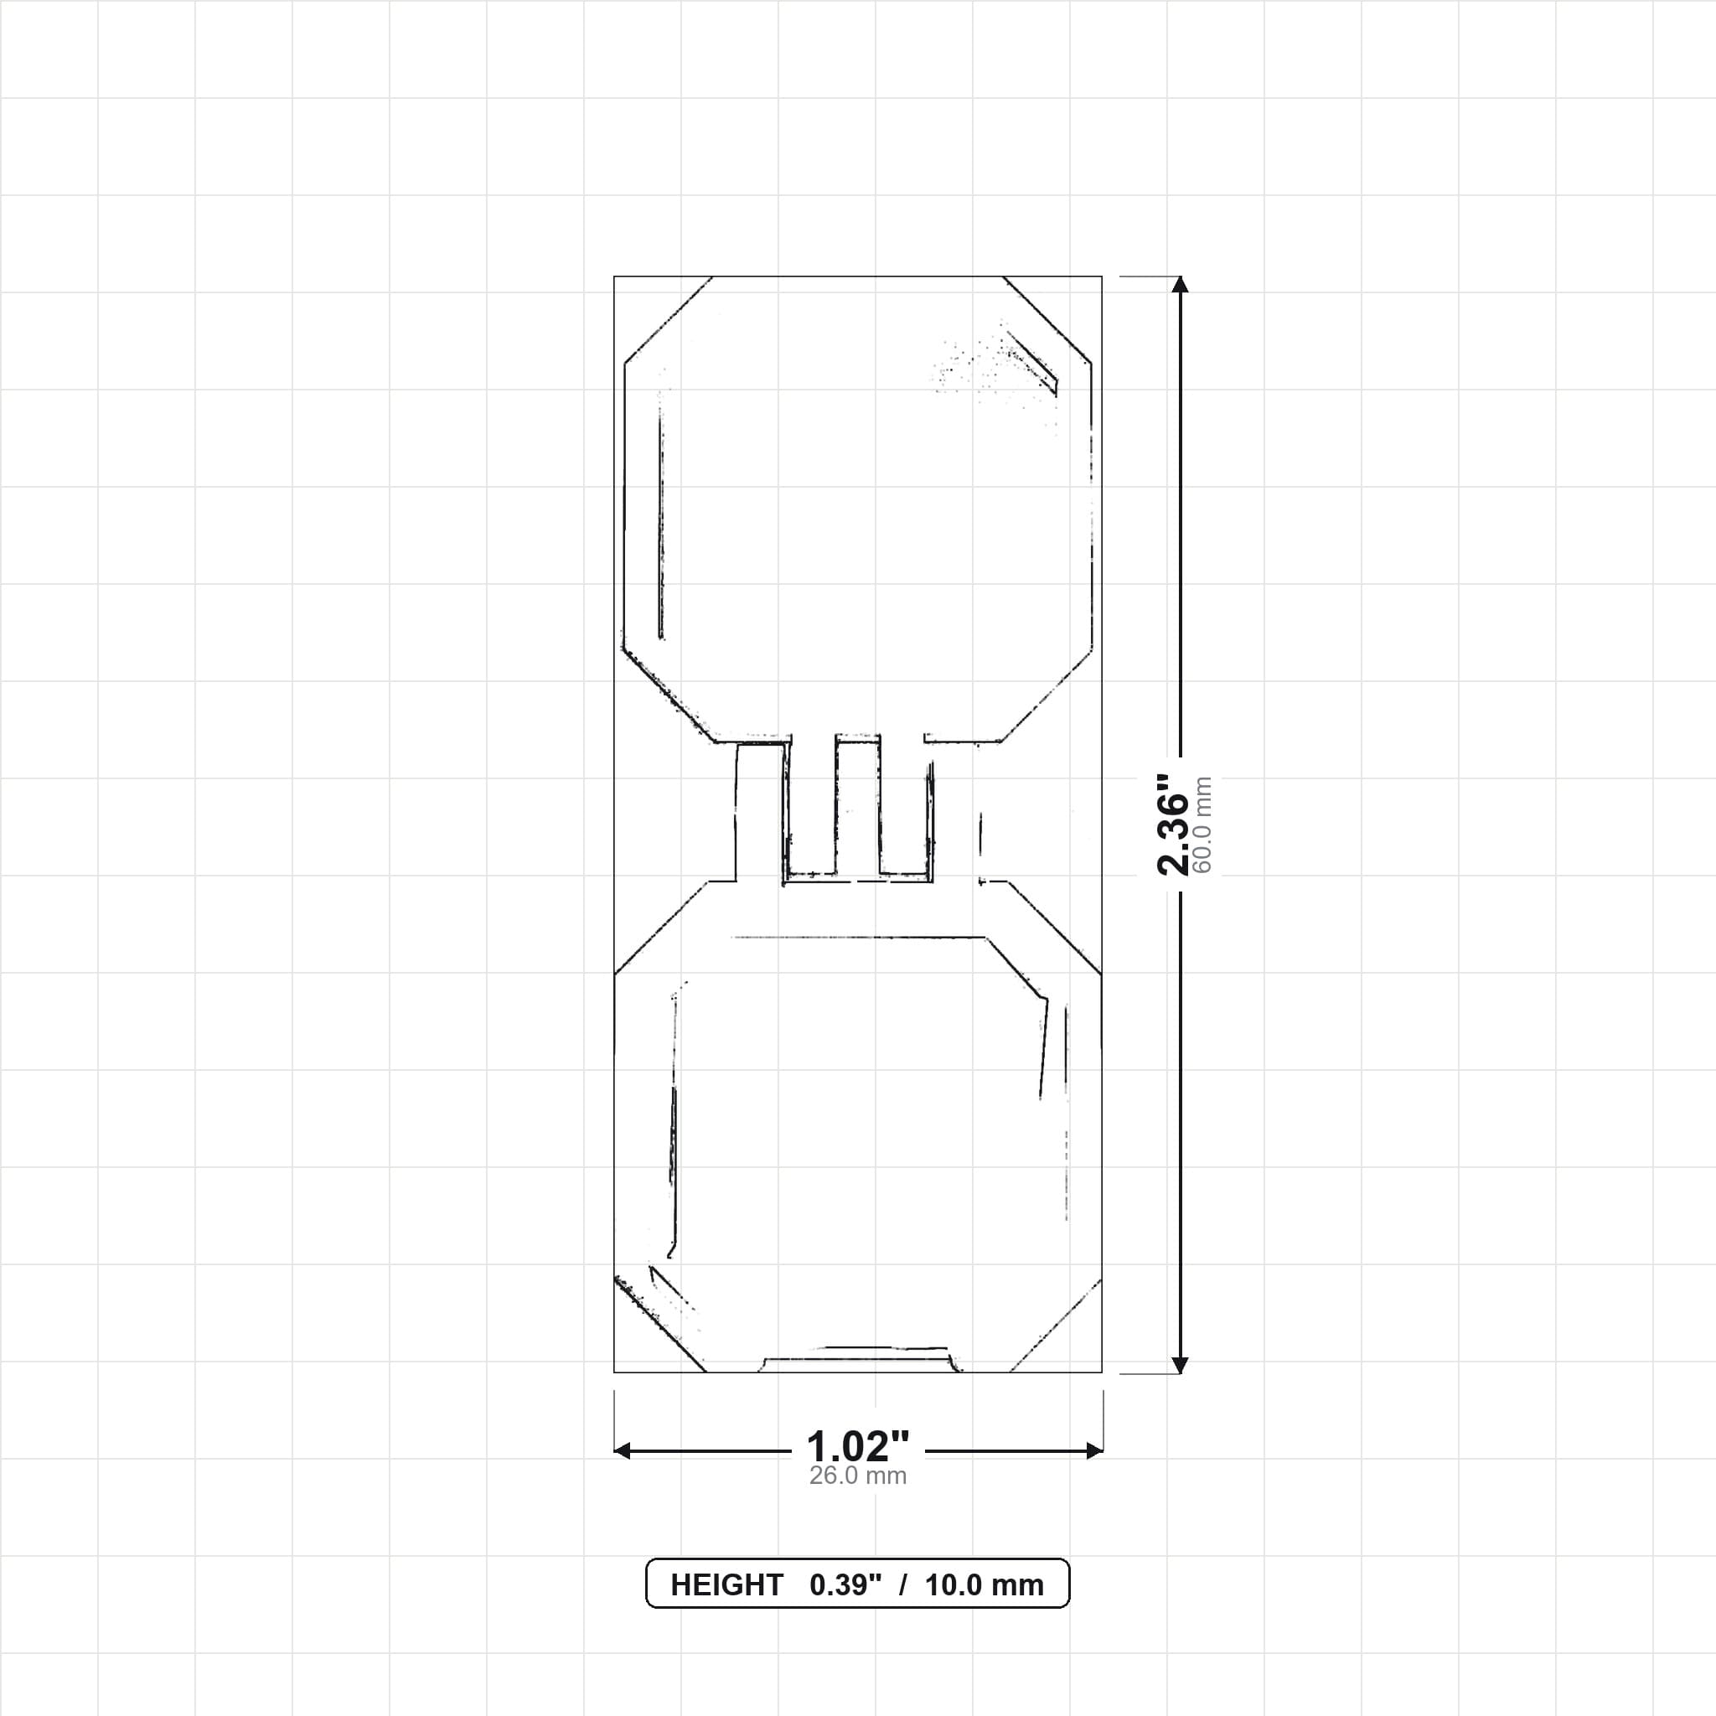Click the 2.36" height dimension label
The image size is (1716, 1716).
click(x=1172, y=824)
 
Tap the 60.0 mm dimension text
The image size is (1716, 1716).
click(x=1203, y=825)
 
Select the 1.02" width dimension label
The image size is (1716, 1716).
click(x=858, y=1447)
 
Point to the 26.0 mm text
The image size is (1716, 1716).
click(x=858, y=1476)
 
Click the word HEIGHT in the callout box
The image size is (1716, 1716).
click(x=726, y=1584)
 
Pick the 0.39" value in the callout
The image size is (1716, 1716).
click(x=845, y=1584)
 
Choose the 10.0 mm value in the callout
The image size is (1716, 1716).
click(x=985, y=1584)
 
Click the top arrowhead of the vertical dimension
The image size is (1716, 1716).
click(x=1180, y=284)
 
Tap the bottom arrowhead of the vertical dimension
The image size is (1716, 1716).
click(x=1180, y=1365)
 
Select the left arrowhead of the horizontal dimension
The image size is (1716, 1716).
click(x=622, y=1451)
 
